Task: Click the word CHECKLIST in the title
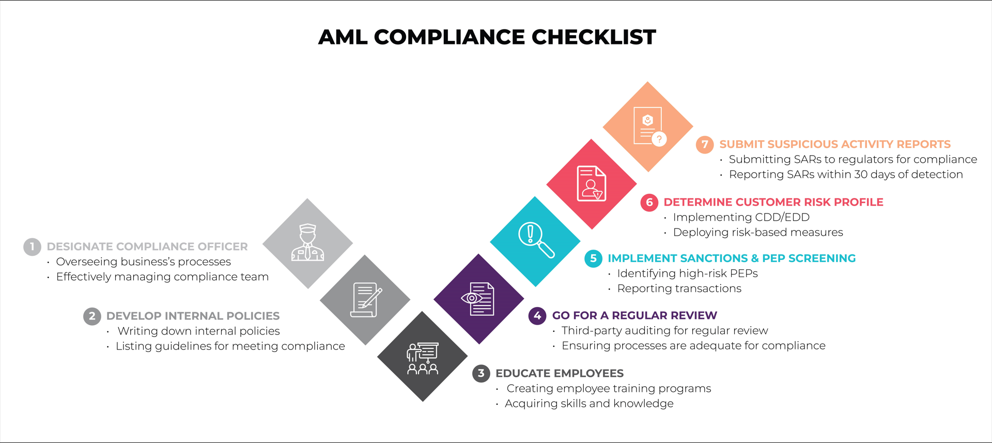(594, 37)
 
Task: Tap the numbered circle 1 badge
(32, 247)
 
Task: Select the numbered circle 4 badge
(537, 315)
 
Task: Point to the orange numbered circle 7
(705, 144)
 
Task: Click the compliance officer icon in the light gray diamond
(307, 242)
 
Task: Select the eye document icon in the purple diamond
(477, 299)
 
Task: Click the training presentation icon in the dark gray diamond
(423, 358)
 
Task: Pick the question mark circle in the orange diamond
(659, 139)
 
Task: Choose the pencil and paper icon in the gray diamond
(366, 300)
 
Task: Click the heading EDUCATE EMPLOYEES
(560, 373)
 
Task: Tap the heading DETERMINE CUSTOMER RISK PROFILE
(773, 202)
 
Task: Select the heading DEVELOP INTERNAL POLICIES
(193, 316)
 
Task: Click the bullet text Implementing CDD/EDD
(741, 217)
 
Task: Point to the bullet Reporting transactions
(679, 288)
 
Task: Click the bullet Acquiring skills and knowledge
(589, 403)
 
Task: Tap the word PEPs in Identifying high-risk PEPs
(744, 273)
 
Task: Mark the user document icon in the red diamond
(592, 184)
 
